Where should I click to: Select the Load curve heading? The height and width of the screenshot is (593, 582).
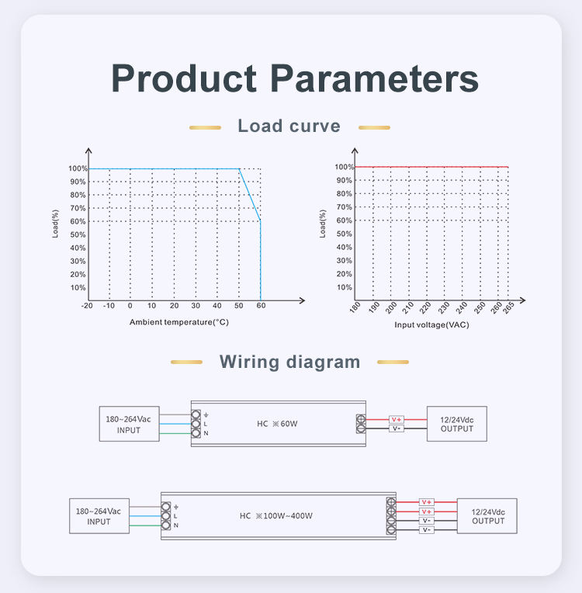(289, 126)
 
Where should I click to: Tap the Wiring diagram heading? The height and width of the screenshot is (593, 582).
(289, 362)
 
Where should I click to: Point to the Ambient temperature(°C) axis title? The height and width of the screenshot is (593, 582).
(179, 321)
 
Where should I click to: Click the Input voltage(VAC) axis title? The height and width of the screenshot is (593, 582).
(431, 324)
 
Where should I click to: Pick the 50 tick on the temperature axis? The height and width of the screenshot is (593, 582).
(239, 307)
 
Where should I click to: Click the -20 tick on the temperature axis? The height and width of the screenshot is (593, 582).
(87, 307)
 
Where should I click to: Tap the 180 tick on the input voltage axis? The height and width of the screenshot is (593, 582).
(355, 308)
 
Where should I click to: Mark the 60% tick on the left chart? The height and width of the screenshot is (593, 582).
(78, 221)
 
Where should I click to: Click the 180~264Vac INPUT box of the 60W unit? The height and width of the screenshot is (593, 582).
(128, 424)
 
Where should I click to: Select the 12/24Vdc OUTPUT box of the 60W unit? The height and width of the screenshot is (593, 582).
(456, 424)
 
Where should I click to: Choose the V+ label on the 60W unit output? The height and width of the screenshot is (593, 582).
(396, 419)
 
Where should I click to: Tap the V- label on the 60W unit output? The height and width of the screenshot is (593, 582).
(396, 428)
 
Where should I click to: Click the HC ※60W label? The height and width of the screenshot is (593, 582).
(277, 424)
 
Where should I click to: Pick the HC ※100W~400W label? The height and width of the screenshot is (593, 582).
(275, 515)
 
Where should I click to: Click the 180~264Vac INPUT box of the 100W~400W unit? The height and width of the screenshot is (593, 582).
(99, 516)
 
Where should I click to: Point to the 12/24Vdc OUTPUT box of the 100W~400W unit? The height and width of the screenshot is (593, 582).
(487, 516)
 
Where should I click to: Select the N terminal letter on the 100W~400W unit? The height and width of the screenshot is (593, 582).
(176, 525)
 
